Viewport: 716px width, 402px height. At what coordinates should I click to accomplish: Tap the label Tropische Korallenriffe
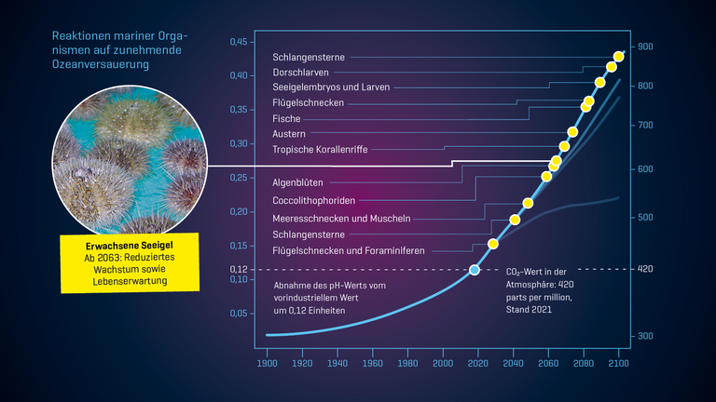coord(320,150)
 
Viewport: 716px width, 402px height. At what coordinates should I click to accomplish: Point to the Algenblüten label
coord(297,182)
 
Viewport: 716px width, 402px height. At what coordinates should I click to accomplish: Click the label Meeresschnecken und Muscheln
coord(341,218)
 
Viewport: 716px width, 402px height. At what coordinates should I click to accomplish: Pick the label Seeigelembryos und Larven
coord(330,87)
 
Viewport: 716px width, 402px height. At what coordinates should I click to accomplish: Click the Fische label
coord(286,118)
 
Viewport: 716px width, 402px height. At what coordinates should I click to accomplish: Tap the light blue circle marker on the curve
coord(474,270)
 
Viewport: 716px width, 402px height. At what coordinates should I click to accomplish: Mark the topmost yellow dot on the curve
coord(619,58)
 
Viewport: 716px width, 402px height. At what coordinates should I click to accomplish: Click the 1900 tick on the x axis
coord(267,364)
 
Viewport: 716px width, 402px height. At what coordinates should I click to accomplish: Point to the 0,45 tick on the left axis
coord(240,42)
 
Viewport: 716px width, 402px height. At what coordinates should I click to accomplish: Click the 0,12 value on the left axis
coord(240,269)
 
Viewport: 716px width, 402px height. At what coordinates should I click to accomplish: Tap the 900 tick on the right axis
coord(645,47)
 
